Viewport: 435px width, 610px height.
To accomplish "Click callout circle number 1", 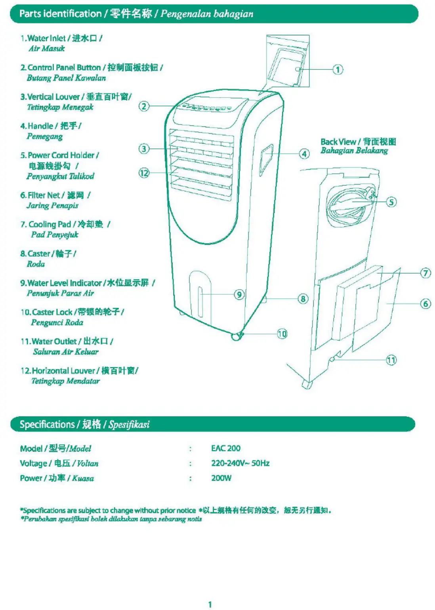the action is click(338, 70).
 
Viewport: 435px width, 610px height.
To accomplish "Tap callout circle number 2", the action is click(144, 106).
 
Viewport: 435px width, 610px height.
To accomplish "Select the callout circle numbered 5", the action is click(391, 202).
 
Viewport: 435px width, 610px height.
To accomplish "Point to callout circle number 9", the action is click(239, 295).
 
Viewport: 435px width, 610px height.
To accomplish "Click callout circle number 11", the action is click(391, 360).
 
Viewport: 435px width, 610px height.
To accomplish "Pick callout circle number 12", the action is click(144, 173).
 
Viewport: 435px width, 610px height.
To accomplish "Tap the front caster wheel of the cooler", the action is click(237, 336).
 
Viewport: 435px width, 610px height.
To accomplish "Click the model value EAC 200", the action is click(225, 448).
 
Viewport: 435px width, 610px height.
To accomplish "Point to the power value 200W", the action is click(221, 478).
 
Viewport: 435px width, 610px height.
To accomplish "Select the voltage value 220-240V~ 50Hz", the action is click(240, 463).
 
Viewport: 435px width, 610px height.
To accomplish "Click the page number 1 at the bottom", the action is click(210, 604).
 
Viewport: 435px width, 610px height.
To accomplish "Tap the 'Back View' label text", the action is click(338, 142).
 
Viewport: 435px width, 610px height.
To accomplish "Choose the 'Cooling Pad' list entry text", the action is click(50, 224).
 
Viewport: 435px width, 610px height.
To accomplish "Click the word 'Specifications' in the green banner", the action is click(47, 424).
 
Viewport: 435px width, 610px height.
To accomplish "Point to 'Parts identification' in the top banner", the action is click(60, 14).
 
